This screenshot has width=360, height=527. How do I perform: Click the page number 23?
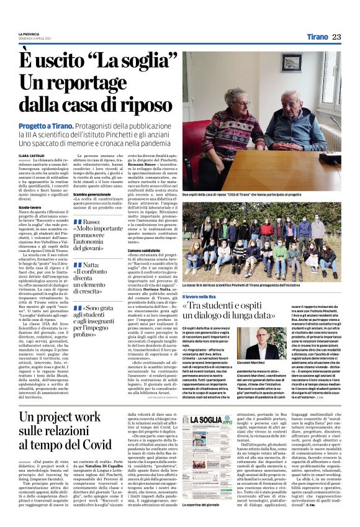pyautogui.click(x=336, y=37)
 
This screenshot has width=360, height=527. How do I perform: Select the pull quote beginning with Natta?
pyautogui.click(x=99, y=277)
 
